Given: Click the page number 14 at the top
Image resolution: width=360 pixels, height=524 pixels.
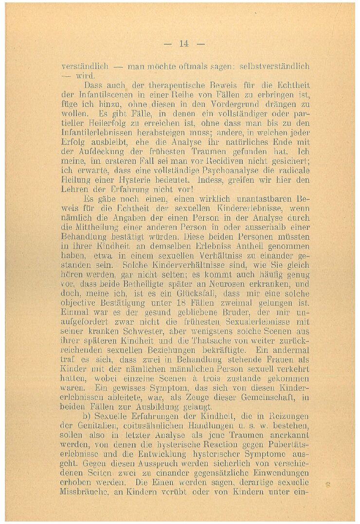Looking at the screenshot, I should (183, 44).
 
